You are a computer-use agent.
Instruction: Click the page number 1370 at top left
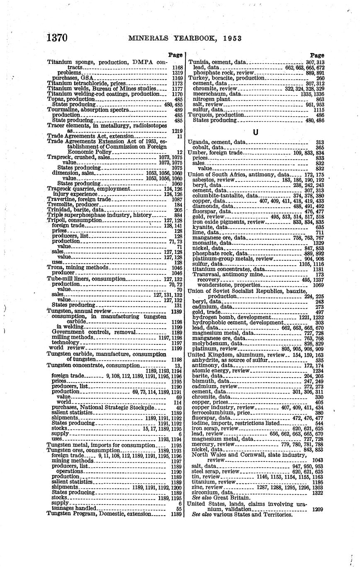(x=57, y=38)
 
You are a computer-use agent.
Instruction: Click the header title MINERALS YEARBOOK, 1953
(x=185, y=39)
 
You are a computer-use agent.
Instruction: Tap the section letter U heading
(x=255, y=132)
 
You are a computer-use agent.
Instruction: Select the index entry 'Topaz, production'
(x=71, y=99)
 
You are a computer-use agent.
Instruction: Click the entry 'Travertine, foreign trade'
(x=79, y=199)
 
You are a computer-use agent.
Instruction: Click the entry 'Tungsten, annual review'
(x=79, y=311)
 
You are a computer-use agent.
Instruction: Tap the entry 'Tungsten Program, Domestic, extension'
(x=99, y=514)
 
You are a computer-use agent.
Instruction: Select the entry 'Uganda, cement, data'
(x=216, y=142)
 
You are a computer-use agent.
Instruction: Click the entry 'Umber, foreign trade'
(x=215, y=153)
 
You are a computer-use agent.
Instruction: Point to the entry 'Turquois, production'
(x=216, y=115)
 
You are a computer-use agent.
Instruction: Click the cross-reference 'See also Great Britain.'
(x=221, y=497)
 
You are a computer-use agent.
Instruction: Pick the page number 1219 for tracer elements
(x=177, y=131)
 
